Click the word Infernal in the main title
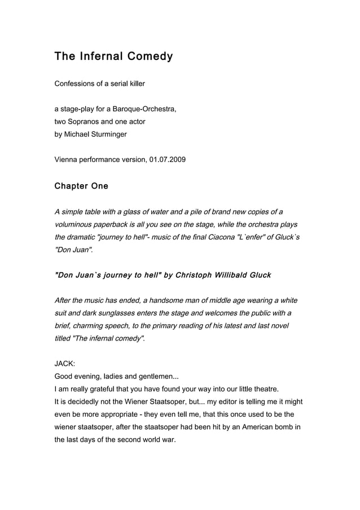pos(99,56)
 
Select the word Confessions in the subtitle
pos(74,84)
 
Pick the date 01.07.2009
pos(168,160)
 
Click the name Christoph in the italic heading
pos(195,275)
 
